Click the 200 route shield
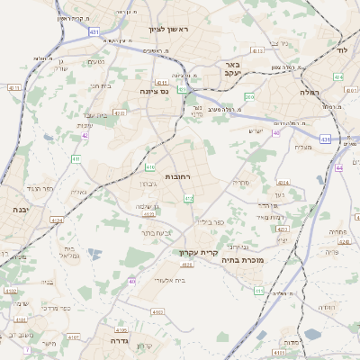pyautogui.click(x=249, y=96)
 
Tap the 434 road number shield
pyautogui.click(x=337, y=78)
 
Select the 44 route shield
pyautogui.click(x=338, y=167)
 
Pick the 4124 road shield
pyautogui.click(x=58, y=220)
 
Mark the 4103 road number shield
pyautogui.click(x=132, y=312)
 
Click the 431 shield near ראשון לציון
pyautogui.click(x=94, y=31)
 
